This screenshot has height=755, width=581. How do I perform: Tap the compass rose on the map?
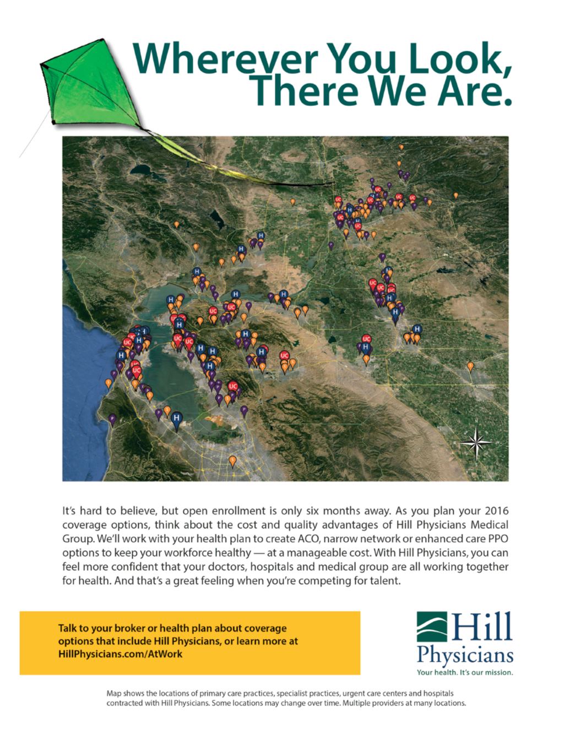click(x=476, y=443)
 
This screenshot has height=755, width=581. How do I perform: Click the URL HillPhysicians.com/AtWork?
click(x=120, y=654)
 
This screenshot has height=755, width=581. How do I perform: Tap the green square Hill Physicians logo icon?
click(x=432, y=627)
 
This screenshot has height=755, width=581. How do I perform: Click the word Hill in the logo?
click(x=481, y=626)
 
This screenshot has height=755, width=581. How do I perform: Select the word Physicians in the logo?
click(x=465, y=656)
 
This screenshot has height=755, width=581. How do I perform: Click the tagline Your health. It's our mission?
click(x=465, y=673)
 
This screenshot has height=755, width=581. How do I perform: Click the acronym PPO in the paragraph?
click(x=498, y=539)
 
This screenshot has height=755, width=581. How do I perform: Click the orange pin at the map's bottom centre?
click(x=233, y=462)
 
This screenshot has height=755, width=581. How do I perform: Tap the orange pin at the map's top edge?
click(x=401, y=147)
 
